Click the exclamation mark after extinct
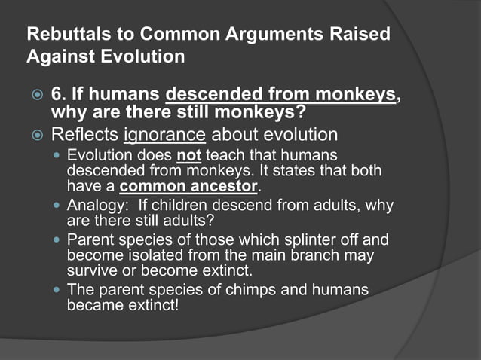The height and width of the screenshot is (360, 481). click(178, 304)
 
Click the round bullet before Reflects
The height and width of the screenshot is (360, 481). click(35, 136)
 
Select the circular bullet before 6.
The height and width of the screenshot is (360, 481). click(35, 96)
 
